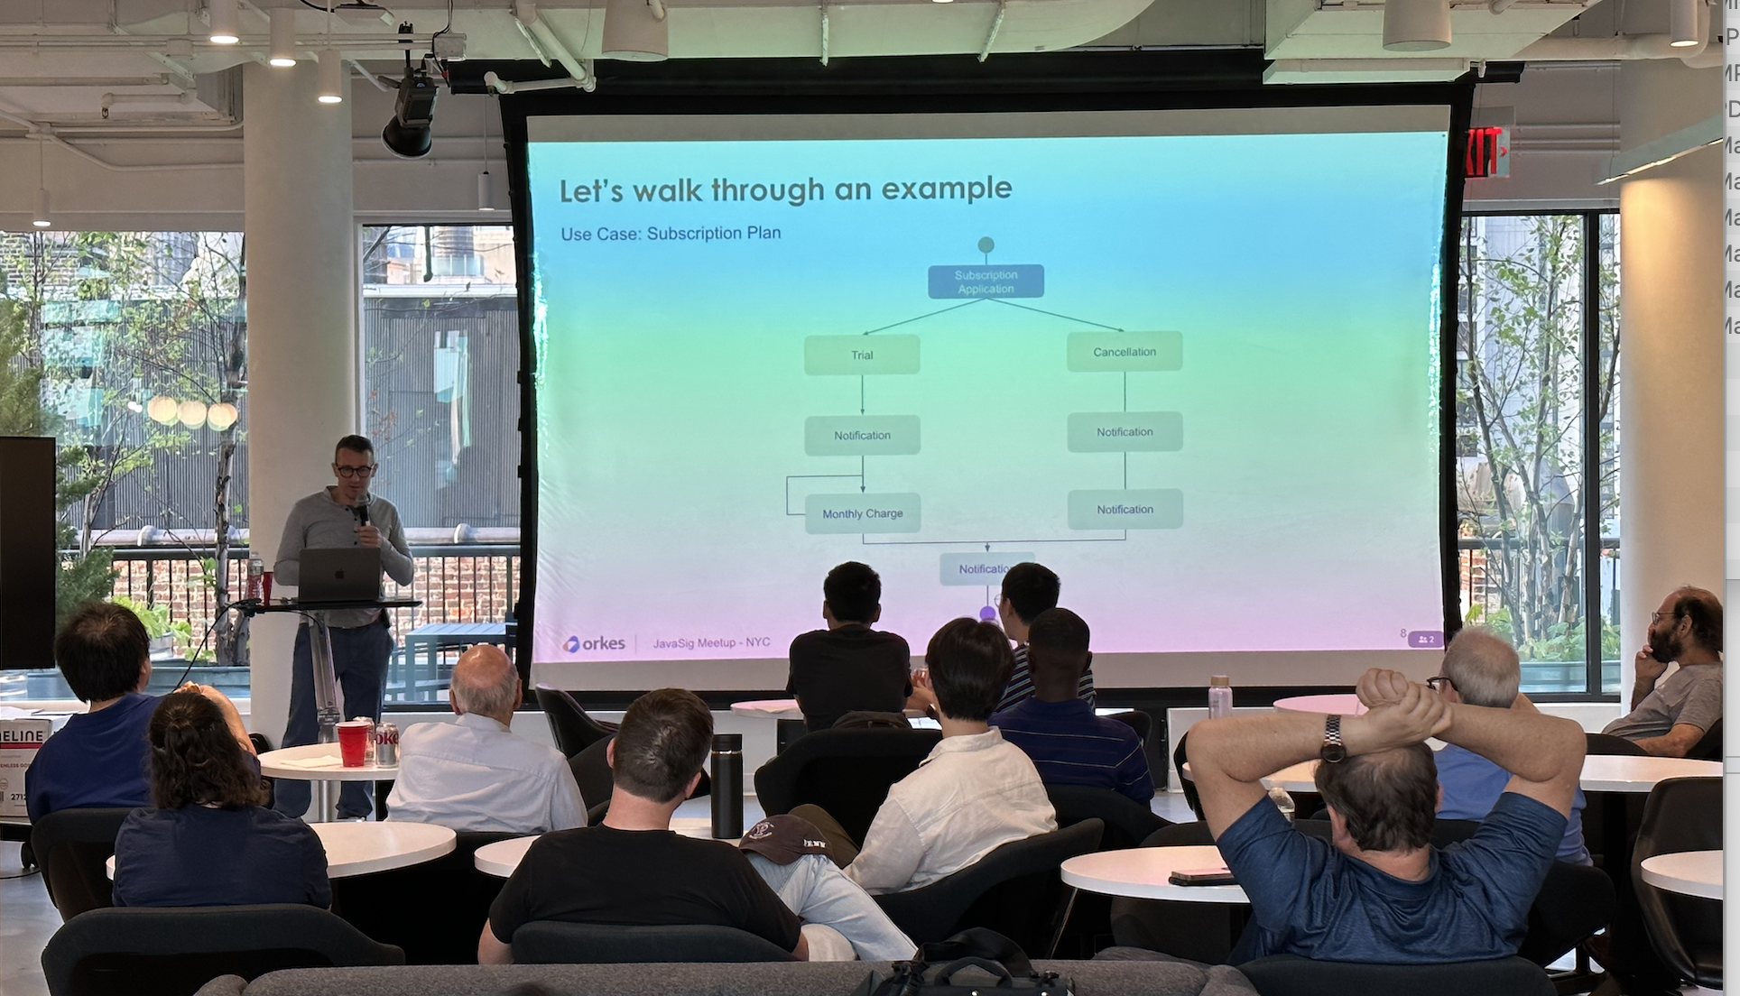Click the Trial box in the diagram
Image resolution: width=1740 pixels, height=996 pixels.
coord(862,355)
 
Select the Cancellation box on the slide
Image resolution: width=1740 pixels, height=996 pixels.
coord(1125,352)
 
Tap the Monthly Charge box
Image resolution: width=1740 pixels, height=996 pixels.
coord(862,513)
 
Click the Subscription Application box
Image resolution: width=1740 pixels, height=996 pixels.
coord(986,281)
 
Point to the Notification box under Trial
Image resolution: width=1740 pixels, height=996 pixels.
coord(862,435)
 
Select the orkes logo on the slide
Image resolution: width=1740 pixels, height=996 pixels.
coord(594,644)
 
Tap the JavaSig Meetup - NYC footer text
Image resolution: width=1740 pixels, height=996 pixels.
coord(711,642)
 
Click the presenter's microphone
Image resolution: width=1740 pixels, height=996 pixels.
coord(362,511)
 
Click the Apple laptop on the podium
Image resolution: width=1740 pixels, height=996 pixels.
coord(339,575)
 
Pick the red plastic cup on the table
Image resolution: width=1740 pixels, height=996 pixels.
coord(352,743)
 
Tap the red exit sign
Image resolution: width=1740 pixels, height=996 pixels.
coord(1485,152)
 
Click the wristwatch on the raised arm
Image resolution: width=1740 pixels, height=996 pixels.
coord(1332,739)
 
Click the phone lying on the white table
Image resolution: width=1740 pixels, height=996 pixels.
coord(1200,876)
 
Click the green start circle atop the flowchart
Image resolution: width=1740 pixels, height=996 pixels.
coord(986,244)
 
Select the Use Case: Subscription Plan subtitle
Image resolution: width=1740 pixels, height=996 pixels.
coord(671,233)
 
